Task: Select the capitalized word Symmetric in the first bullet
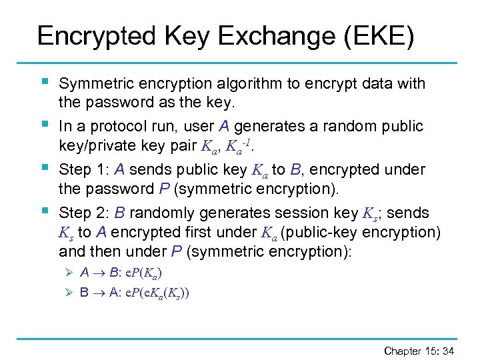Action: click(91, 84)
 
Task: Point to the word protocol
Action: click(113, 127)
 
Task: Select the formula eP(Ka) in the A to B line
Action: click(142, 273)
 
